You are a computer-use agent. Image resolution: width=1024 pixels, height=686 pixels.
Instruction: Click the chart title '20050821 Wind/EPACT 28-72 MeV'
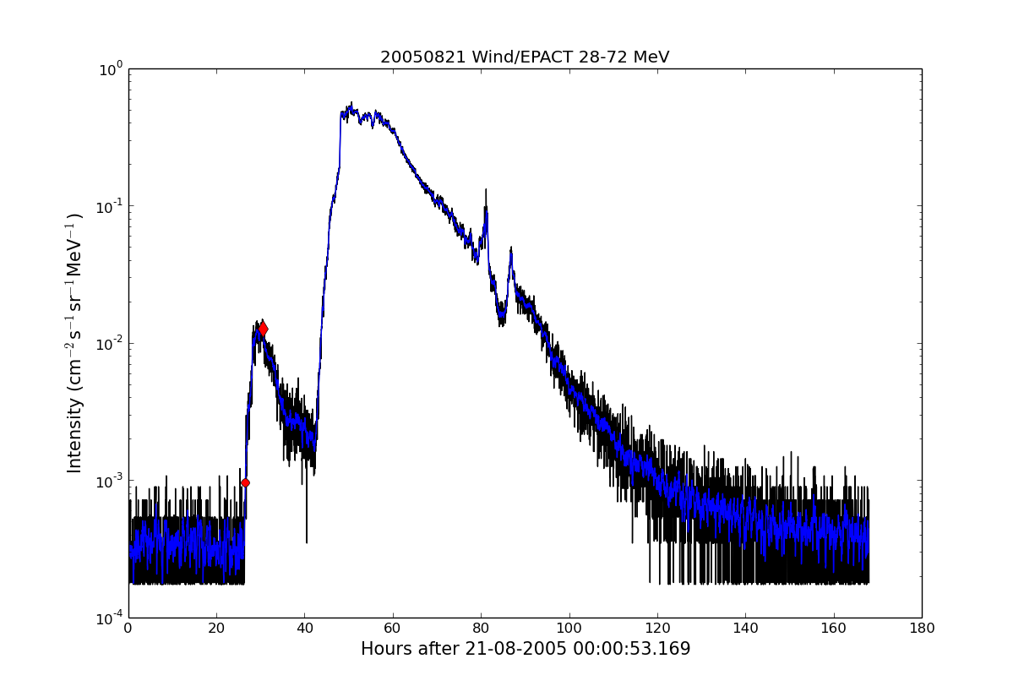pyautogui.click(x=524, y=57)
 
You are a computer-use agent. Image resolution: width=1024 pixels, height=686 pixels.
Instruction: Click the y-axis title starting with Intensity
pyautogui.click(x=75, y=343)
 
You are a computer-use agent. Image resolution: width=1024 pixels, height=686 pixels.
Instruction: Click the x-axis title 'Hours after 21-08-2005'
pyautogui.click(x=525, y=649)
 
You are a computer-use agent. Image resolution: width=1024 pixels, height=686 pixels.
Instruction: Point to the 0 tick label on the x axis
pyautogui.click(x=128, y=629)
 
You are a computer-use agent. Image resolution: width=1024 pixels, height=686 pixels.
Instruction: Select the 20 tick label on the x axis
pyautogui.click(x=216, y=629)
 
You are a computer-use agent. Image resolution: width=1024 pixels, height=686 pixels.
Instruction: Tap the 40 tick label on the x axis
pyautogui.click(x=305, y=629)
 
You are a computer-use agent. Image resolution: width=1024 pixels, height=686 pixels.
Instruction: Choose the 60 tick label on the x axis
pyautogui.click(x=393, y=629)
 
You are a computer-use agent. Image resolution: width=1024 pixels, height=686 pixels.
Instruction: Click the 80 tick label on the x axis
pyautogui.click(x=481, y=629)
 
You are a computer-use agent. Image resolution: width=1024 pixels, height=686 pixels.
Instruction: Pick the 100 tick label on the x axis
pyautogui.click(x=569, y=629)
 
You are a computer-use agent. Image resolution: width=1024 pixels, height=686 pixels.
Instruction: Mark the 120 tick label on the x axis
pyautogui.click(x=657, y=629)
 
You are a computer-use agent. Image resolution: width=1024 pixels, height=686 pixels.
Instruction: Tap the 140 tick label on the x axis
pyautogui.click(x=745, y=629)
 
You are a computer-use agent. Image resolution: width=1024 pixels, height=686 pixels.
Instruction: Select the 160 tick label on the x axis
pyautogui.click(x=834, y=629)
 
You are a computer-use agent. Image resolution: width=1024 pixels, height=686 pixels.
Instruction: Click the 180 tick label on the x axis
pyautogui.click(x=922, y=629)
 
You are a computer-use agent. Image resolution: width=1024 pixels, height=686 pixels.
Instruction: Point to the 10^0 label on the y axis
pyautogui.click(x=112, y=69)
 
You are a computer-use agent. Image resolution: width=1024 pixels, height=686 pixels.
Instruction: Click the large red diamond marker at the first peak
pyautogui.click(x=263, y=329)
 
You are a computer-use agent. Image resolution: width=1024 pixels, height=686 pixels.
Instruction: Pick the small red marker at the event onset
pyautogui.click(x=245, y=482)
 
